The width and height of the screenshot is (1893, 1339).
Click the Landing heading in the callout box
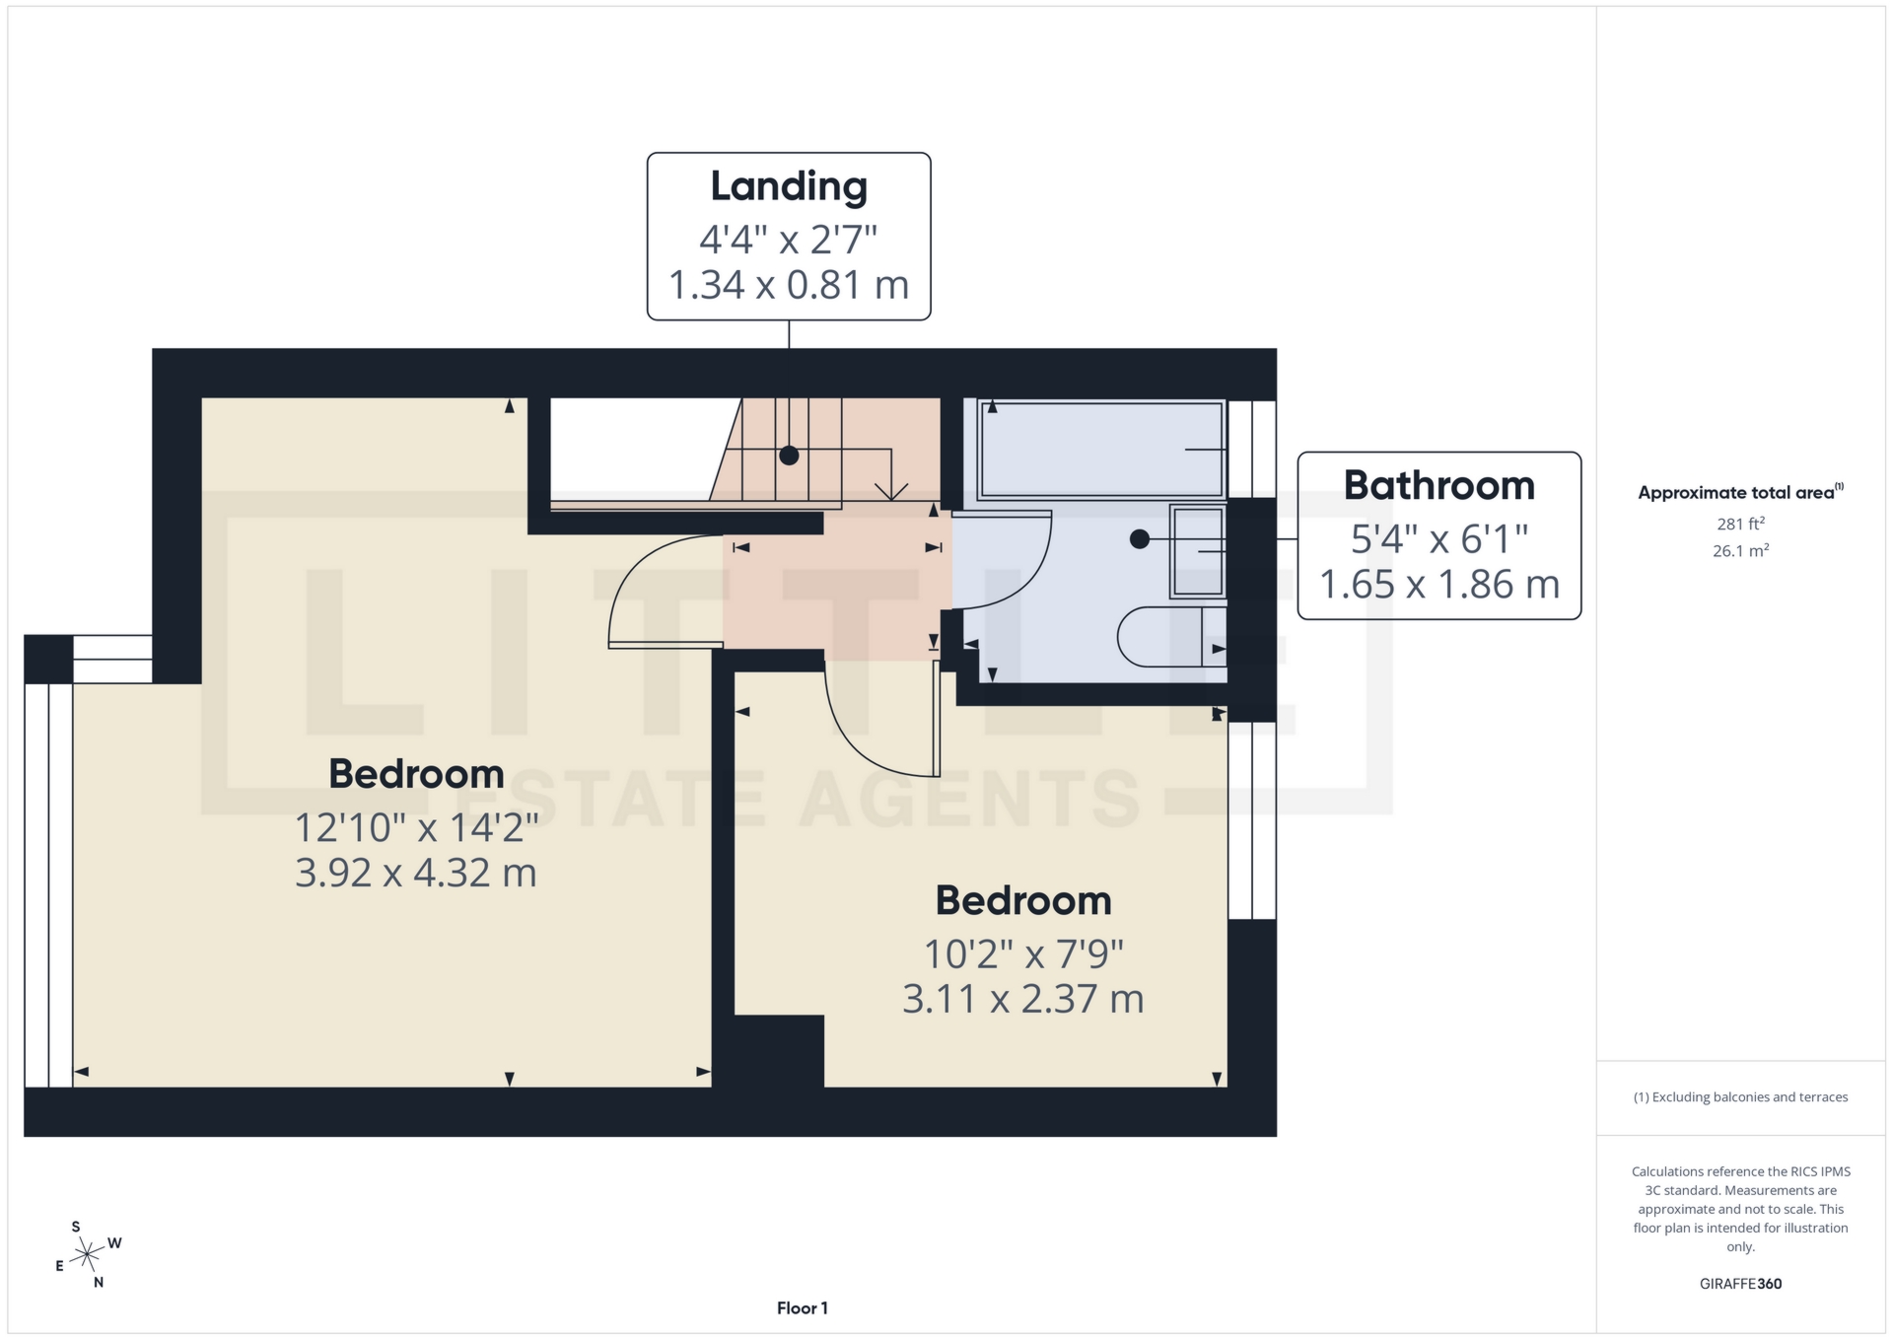pos(789,186)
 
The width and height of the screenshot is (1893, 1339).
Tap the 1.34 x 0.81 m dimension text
pos(789,285)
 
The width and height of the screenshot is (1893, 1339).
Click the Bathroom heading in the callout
pos(1438,485)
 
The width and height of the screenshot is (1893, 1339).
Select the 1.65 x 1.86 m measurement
pos(1438,585)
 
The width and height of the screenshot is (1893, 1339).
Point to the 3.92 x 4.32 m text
pos(415,873)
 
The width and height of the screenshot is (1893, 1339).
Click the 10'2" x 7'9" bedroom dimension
pos(1022,953)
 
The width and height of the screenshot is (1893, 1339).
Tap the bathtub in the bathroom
pos(1099,449)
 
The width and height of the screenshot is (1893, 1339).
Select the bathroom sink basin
pos(1198,551)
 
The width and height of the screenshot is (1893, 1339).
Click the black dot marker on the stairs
pos(789,456)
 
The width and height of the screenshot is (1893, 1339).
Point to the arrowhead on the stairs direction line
pos(891,491)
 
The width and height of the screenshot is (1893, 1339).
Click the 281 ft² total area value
pos(1740,524)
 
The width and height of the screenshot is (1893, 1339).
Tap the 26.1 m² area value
pos(1740,551)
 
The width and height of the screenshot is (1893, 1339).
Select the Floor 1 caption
pos(802,1308)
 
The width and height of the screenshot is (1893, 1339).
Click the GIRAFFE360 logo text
pos(1740,1284)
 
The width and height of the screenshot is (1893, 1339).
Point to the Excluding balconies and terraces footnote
pos(1740,1097)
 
